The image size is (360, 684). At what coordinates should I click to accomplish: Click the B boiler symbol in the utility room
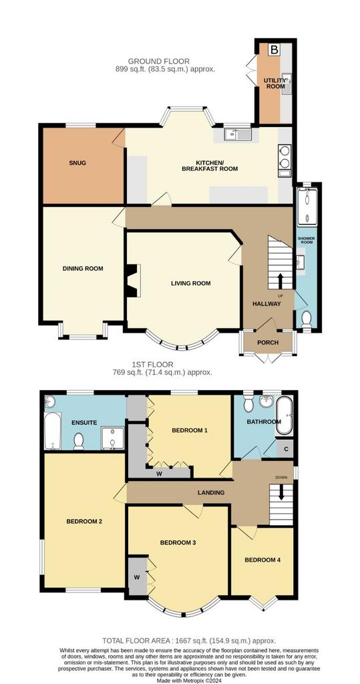274,49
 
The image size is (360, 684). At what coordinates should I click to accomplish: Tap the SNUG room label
77,163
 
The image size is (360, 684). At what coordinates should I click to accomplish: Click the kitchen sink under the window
238,134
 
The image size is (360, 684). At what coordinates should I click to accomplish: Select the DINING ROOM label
83,269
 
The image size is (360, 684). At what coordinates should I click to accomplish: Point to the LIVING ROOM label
191,283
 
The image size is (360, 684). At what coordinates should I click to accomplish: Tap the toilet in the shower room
307,319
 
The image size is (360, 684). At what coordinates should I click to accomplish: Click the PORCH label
268,343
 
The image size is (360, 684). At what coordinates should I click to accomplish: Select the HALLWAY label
266,304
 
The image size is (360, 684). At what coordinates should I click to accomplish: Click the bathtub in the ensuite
51,430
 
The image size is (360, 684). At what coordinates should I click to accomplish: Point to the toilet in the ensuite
79,441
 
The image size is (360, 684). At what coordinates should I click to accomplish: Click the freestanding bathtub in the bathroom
284,415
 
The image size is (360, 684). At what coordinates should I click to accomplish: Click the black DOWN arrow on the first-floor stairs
281,492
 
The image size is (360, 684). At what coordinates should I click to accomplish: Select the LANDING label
211,492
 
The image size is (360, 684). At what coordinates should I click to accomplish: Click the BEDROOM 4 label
262,560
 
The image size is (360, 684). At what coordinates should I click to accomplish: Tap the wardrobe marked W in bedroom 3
136,576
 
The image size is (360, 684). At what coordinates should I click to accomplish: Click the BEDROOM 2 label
84,521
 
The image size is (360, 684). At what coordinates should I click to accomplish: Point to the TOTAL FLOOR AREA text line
189,641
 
